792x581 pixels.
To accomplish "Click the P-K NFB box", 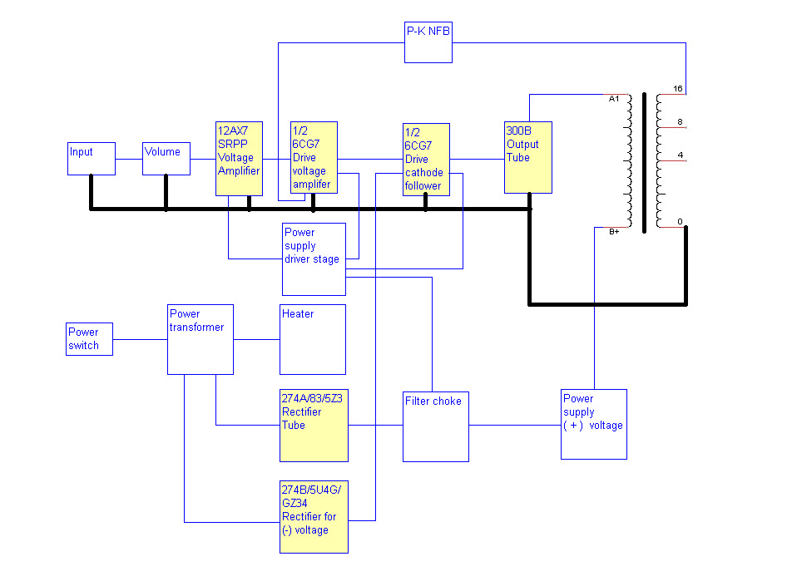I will coord(428,42).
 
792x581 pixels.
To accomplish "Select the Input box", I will coord(92,158).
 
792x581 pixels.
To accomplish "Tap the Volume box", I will coord(166,158).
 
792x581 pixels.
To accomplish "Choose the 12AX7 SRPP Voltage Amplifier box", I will coord(240,158).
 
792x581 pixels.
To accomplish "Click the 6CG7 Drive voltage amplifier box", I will coord(314,157).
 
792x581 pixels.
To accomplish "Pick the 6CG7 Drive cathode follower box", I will coord(426,160).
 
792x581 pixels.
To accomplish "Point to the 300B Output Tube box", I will coord(528,157).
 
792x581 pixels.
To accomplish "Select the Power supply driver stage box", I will coord(314,258).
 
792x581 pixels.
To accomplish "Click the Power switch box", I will coord(90,339).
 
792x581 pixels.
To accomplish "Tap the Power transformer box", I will coord(200,339).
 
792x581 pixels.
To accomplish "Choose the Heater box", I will coord(313,339).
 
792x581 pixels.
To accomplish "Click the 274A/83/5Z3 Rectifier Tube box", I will coord(314,425).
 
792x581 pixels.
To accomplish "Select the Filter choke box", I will coord(436,426).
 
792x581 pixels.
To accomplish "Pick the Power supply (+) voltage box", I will coord(593,424).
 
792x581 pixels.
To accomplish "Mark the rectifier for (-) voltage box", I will coord(314,516).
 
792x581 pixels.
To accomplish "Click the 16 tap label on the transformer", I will coord(678,88).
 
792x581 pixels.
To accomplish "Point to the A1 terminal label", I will coord(614,99).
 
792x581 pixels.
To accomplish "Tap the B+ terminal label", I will coord(614,231).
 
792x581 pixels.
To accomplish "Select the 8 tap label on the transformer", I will coord(680,122).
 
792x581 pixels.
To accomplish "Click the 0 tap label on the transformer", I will coord(680,221).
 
